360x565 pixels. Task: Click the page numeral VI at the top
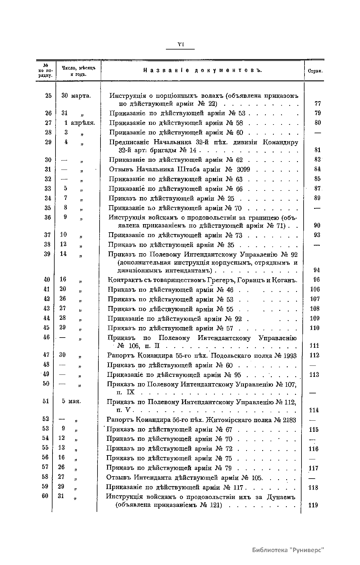180,44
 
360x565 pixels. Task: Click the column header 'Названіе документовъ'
202,71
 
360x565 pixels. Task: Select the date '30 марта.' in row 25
76,96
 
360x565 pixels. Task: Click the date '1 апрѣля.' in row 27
79,123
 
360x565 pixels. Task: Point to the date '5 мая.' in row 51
71,401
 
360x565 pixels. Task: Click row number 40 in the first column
47,280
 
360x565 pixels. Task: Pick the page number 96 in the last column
316,280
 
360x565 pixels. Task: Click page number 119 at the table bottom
313,505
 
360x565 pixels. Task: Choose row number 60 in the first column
45,496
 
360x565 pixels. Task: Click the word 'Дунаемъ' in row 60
281,497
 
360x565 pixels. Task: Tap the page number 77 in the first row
318,104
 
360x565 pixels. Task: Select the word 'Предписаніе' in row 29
130,142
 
